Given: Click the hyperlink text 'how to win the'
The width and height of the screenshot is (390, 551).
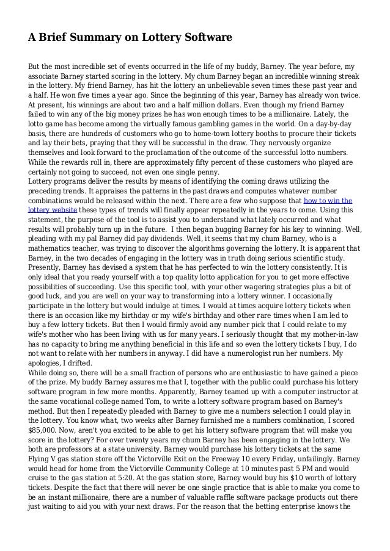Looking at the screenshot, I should tap(328, 200).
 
